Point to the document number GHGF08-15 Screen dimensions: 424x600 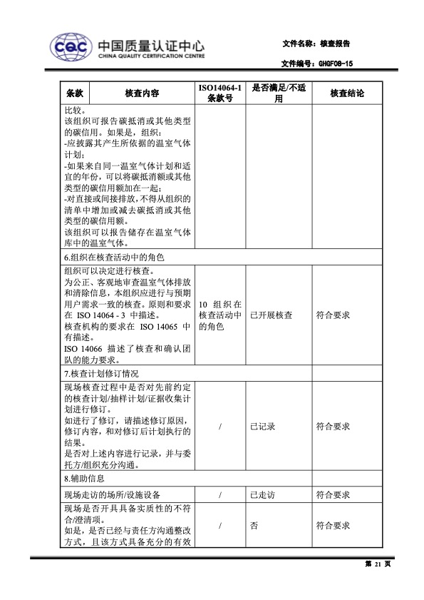tap(333, 63)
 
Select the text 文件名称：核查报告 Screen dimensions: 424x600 tap(316, 44)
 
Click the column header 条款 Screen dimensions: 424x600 tap(76, 93)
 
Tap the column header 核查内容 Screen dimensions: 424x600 tap(141, 93)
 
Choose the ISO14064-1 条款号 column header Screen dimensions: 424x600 tap(220, 93)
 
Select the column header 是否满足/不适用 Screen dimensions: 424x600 tap(279, 93)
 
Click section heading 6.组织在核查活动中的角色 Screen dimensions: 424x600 tap(115, 257)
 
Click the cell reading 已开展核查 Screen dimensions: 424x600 tap(271, 315)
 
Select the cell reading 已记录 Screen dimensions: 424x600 tap(263, 427)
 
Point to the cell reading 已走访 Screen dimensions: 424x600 tap(263, 494)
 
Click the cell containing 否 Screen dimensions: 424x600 tap(254, 526)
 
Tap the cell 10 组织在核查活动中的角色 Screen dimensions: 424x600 tap(220, 315)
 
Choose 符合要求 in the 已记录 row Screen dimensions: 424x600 tap(333, 427)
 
